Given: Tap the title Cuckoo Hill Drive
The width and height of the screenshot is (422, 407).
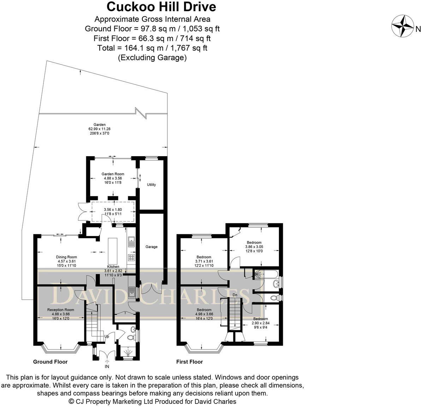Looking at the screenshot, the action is tap(161, 7).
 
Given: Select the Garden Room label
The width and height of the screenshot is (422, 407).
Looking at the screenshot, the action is tap(113, 174).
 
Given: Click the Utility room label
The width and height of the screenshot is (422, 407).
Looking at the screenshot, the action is tap(151, 185).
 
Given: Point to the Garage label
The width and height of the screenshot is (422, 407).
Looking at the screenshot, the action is tap(151, 247).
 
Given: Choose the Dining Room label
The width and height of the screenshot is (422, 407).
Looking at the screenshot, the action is tap(66, 257).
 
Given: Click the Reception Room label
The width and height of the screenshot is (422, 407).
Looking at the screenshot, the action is tap(60, 310).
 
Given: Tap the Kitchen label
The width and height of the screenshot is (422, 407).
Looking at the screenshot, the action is tap(113, 266).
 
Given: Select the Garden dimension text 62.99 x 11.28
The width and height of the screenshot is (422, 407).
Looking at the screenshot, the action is tap(100, 129).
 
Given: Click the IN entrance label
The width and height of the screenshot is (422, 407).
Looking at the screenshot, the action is tap(107, 366).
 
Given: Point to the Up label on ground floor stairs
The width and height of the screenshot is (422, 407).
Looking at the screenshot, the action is tap(107, 336).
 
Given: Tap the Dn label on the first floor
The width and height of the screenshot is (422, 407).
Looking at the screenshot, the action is tap(235, 295).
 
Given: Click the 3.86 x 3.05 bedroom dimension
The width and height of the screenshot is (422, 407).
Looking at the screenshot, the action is tap(254, 247).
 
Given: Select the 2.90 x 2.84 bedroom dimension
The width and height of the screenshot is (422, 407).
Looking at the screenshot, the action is tap(261, 323).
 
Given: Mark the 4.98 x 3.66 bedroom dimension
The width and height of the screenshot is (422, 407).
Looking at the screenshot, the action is tap(204, 314).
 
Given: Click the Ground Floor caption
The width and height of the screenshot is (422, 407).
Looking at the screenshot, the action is tap(50, 362).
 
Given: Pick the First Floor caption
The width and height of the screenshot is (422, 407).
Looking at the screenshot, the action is tap(190, 362).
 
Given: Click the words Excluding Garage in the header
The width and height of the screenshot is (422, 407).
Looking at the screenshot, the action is tap(152, 58).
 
